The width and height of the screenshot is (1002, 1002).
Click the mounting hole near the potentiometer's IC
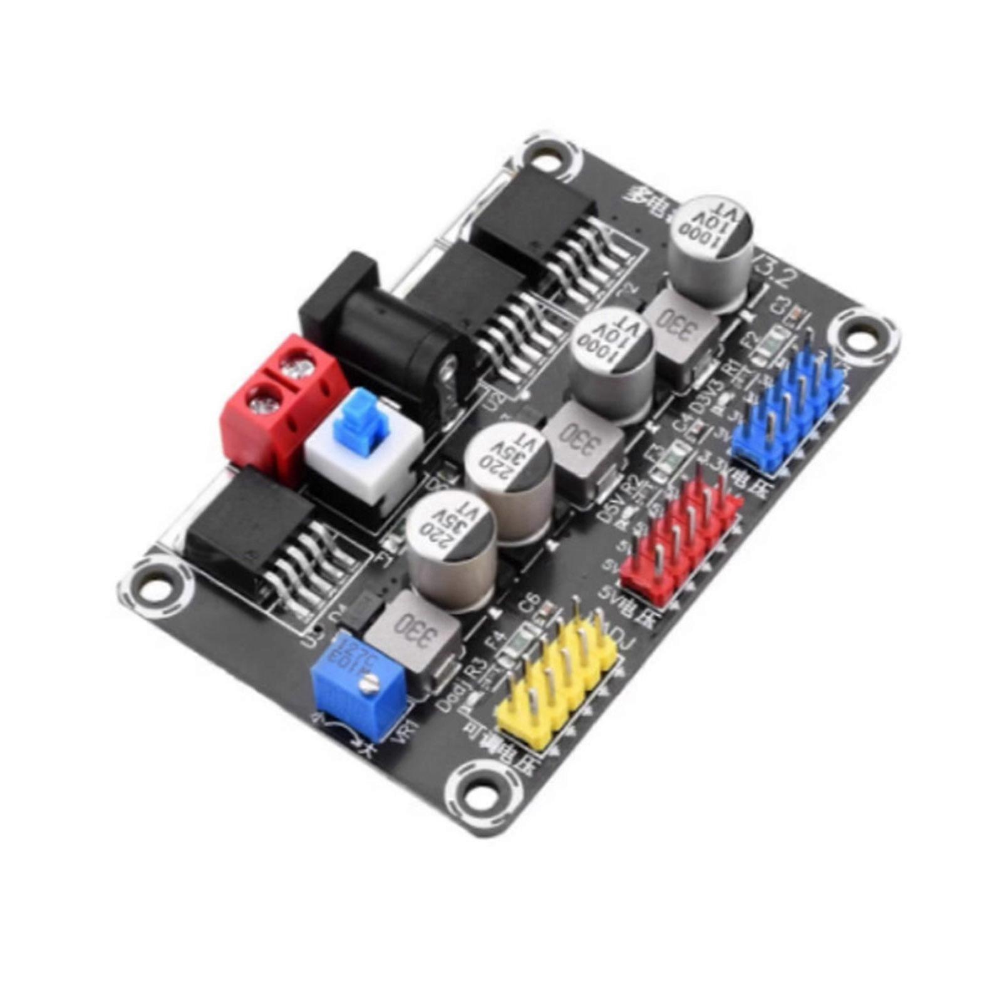click(153, 589)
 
